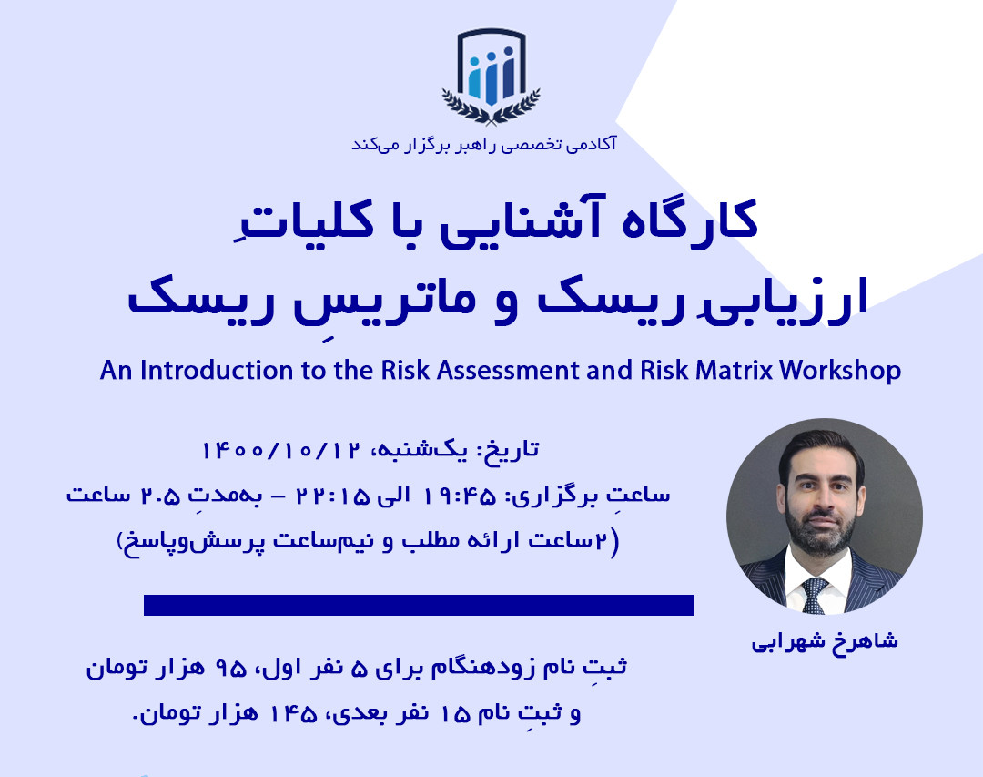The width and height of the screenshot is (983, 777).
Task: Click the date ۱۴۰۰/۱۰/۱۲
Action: pos(281,451)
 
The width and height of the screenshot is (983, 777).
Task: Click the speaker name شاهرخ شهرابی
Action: pos(824,640)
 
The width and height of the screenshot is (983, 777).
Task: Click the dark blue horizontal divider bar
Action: pos(419,605)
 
